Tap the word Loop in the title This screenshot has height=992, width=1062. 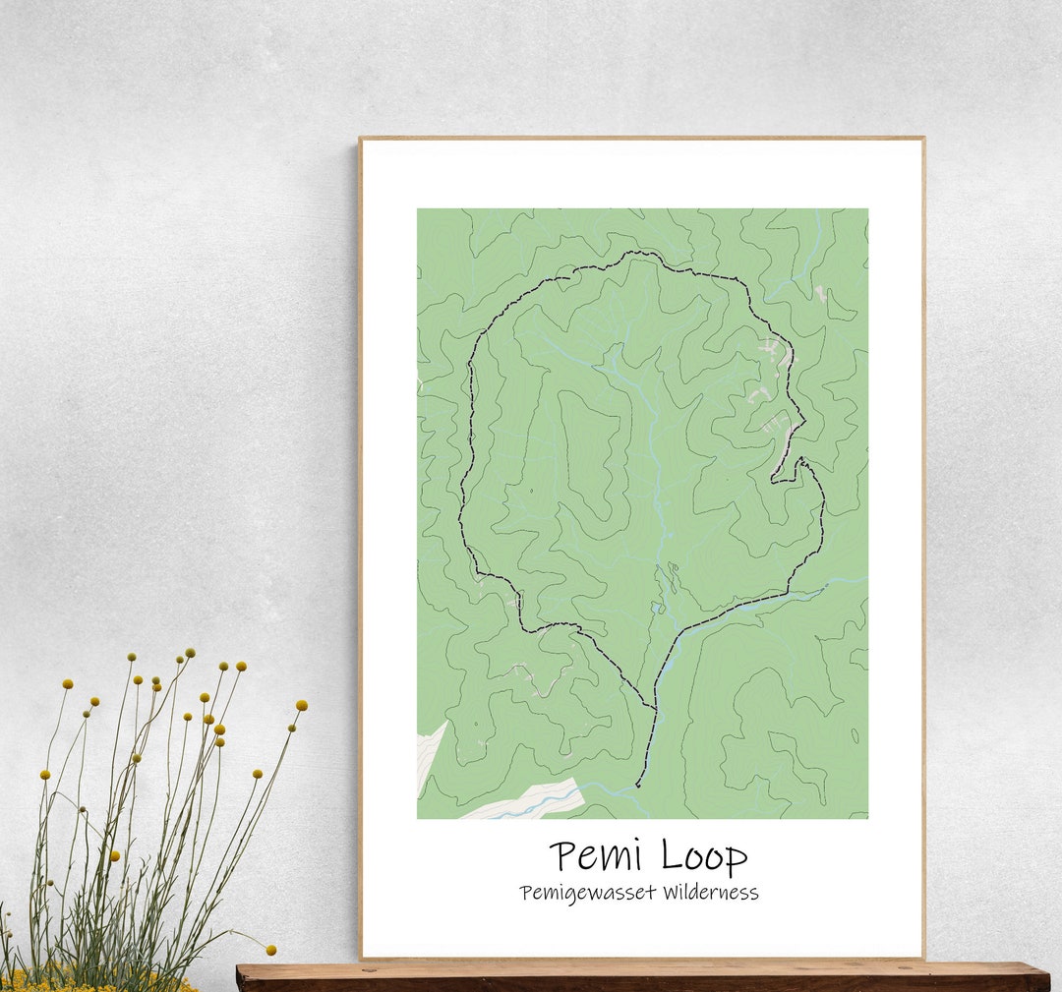coord(703,855)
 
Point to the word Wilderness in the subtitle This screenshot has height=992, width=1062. coord(711,892)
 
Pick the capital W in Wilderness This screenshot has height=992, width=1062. coord(673,892)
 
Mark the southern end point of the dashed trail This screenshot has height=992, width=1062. coord(637,786)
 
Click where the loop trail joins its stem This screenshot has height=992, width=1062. coord(655,708)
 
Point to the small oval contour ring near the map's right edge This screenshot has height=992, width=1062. coord(854,735)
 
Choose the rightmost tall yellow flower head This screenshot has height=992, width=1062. coord(301,705)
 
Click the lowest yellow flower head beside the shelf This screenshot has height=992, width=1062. coord(270,950)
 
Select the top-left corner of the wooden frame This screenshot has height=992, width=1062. coord(361,139)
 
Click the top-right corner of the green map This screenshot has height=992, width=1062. coord(866,209)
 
